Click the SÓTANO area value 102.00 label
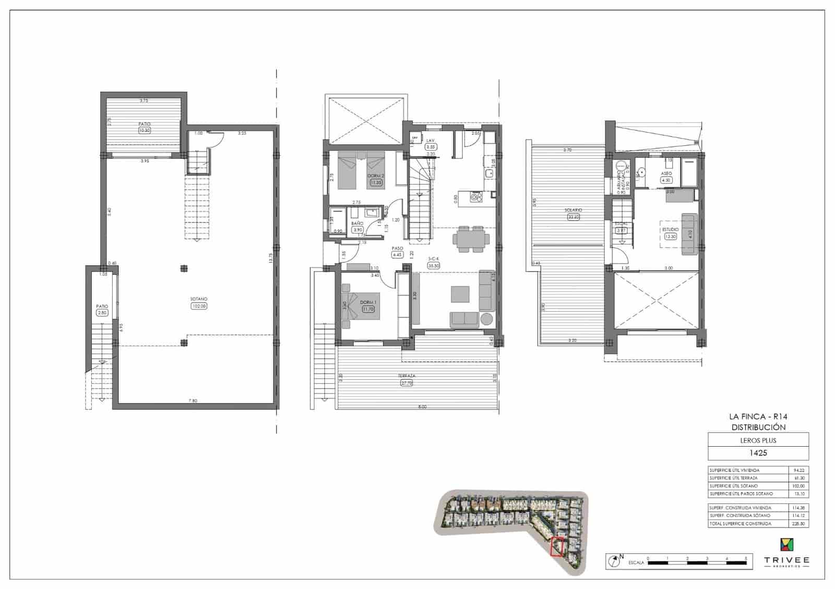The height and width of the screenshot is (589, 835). [x=199, y=306]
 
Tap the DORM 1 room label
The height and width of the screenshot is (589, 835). [x=367, y=303]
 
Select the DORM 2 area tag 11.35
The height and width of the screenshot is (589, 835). [x=376, y=183]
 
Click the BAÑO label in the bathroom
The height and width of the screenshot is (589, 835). [x=357, y=223]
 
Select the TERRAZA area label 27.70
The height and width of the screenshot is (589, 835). [x=407, y=383]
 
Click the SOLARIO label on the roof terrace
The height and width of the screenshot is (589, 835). [x=573, y=210]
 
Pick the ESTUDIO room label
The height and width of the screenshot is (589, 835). [x=670, y=229]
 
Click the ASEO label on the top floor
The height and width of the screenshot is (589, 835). [x=666, y=173]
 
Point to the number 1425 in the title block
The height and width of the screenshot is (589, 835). [x=758, y=452]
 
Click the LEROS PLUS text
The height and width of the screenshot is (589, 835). [x=758, y=440]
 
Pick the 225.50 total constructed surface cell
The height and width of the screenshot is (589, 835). [x=798, y=523]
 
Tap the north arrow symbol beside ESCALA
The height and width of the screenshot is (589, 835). [x=614, y=561]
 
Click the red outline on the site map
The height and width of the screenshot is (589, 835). [x=558, y=547]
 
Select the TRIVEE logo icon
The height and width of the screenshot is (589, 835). [x=787, y=544]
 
